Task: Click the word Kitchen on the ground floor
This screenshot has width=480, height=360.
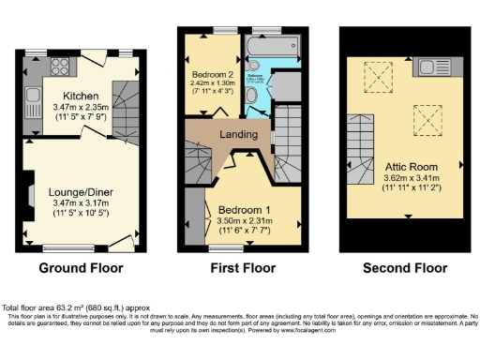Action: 81,96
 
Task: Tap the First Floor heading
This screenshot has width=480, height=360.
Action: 240,268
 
